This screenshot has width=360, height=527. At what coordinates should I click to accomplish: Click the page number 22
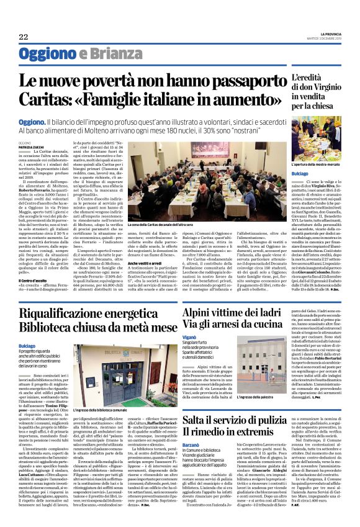coord(23,37)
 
